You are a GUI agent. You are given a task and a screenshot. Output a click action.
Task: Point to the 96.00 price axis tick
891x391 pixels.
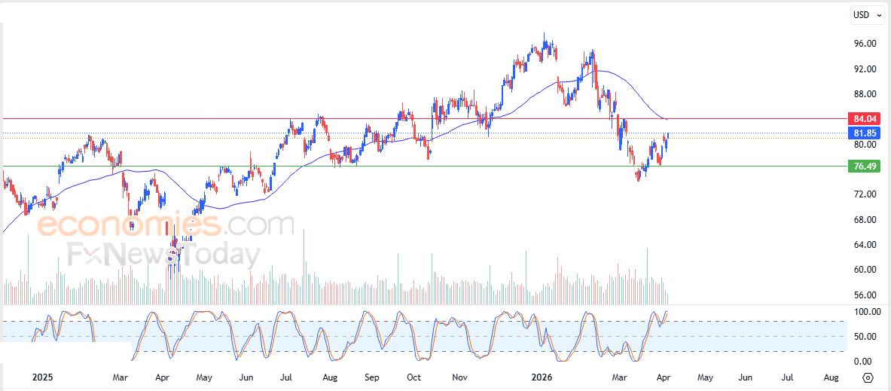(x=865, y=44)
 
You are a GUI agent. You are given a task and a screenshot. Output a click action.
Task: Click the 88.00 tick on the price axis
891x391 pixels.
(x=865, y=94)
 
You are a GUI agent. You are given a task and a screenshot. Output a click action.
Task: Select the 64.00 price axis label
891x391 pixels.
(x=865, y=245)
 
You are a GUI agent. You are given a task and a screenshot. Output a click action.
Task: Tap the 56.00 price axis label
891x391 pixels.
(x=865, y=295)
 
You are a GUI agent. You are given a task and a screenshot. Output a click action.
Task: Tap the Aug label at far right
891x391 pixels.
(x=831, y=377)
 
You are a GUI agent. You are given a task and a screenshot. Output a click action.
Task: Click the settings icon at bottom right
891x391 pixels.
(x=868, y=377)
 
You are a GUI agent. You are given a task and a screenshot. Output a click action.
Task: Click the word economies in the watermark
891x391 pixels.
(x=129, y=225)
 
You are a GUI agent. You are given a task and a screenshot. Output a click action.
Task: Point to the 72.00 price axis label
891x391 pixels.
(x=865, y=194)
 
